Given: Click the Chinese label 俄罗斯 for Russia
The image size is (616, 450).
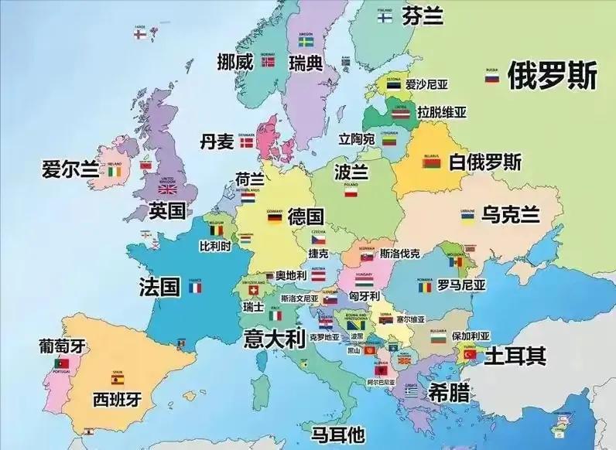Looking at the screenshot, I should pyautogui.click(x=552, y=76).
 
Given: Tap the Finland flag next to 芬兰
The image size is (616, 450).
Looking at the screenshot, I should pyautogui.click(x=385, y=16).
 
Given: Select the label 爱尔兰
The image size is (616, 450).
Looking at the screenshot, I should pyautogui.click(x=70, y=169).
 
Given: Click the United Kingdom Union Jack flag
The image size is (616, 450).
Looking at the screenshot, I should pyautogui.click(x=168, y=189).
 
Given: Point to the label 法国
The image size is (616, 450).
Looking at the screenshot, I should pyautogui.click(x=160, y=287).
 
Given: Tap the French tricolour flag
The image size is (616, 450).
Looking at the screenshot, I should pyautogui.click(x=194, y=288).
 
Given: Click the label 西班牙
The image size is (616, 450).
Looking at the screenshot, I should pyautogui.click(x=118, y=399).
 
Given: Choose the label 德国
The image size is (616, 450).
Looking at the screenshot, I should pyautogui.click(x=305, y=216).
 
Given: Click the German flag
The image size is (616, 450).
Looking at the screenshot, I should pyautogui.click(x=274, y=218).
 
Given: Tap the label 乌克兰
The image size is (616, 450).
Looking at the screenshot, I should pyautogui.click(x=509, y=214).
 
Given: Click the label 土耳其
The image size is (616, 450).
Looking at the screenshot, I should pyautogui.click(x=515, y=356).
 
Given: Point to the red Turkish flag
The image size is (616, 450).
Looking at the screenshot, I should pyautogui.click(x=470, y=355).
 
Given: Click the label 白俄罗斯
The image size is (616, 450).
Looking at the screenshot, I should pyautogui.click(x=485, y=162).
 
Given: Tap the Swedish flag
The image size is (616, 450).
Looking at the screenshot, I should pyautogui.click(x=306, y=42).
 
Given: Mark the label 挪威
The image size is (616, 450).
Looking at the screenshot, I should pyautogui.click(x=235, y=62).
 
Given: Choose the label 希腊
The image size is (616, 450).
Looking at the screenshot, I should pyautogui.click(x=449, y=392).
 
